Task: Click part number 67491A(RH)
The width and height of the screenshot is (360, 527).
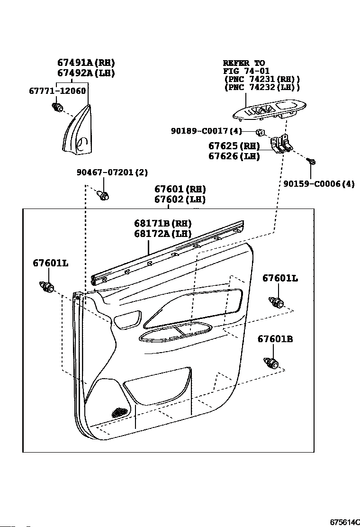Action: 86,63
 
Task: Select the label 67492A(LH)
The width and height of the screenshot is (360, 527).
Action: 86,73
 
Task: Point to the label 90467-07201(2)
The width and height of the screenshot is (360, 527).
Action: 112,173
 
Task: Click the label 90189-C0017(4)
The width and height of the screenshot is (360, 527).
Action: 207,131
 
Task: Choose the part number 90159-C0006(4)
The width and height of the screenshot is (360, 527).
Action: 319,183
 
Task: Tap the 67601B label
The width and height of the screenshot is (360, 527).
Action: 275,339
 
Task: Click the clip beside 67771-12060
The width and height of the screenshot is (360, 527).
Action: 59,108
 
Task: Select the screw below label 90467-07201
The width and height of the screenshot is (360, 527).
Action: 103,195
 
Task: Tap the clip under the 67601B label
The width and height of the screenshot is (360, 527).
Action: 272,364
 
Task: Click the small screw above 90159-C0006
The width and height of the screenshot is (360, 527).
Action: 312,162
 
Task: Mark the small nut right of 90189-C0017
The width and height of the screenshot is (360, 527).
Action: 260,131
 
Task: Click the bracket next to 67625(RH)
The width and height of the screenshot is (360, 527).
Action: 281,143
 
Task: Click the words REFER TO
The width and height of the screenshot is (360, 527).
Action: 244,63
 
